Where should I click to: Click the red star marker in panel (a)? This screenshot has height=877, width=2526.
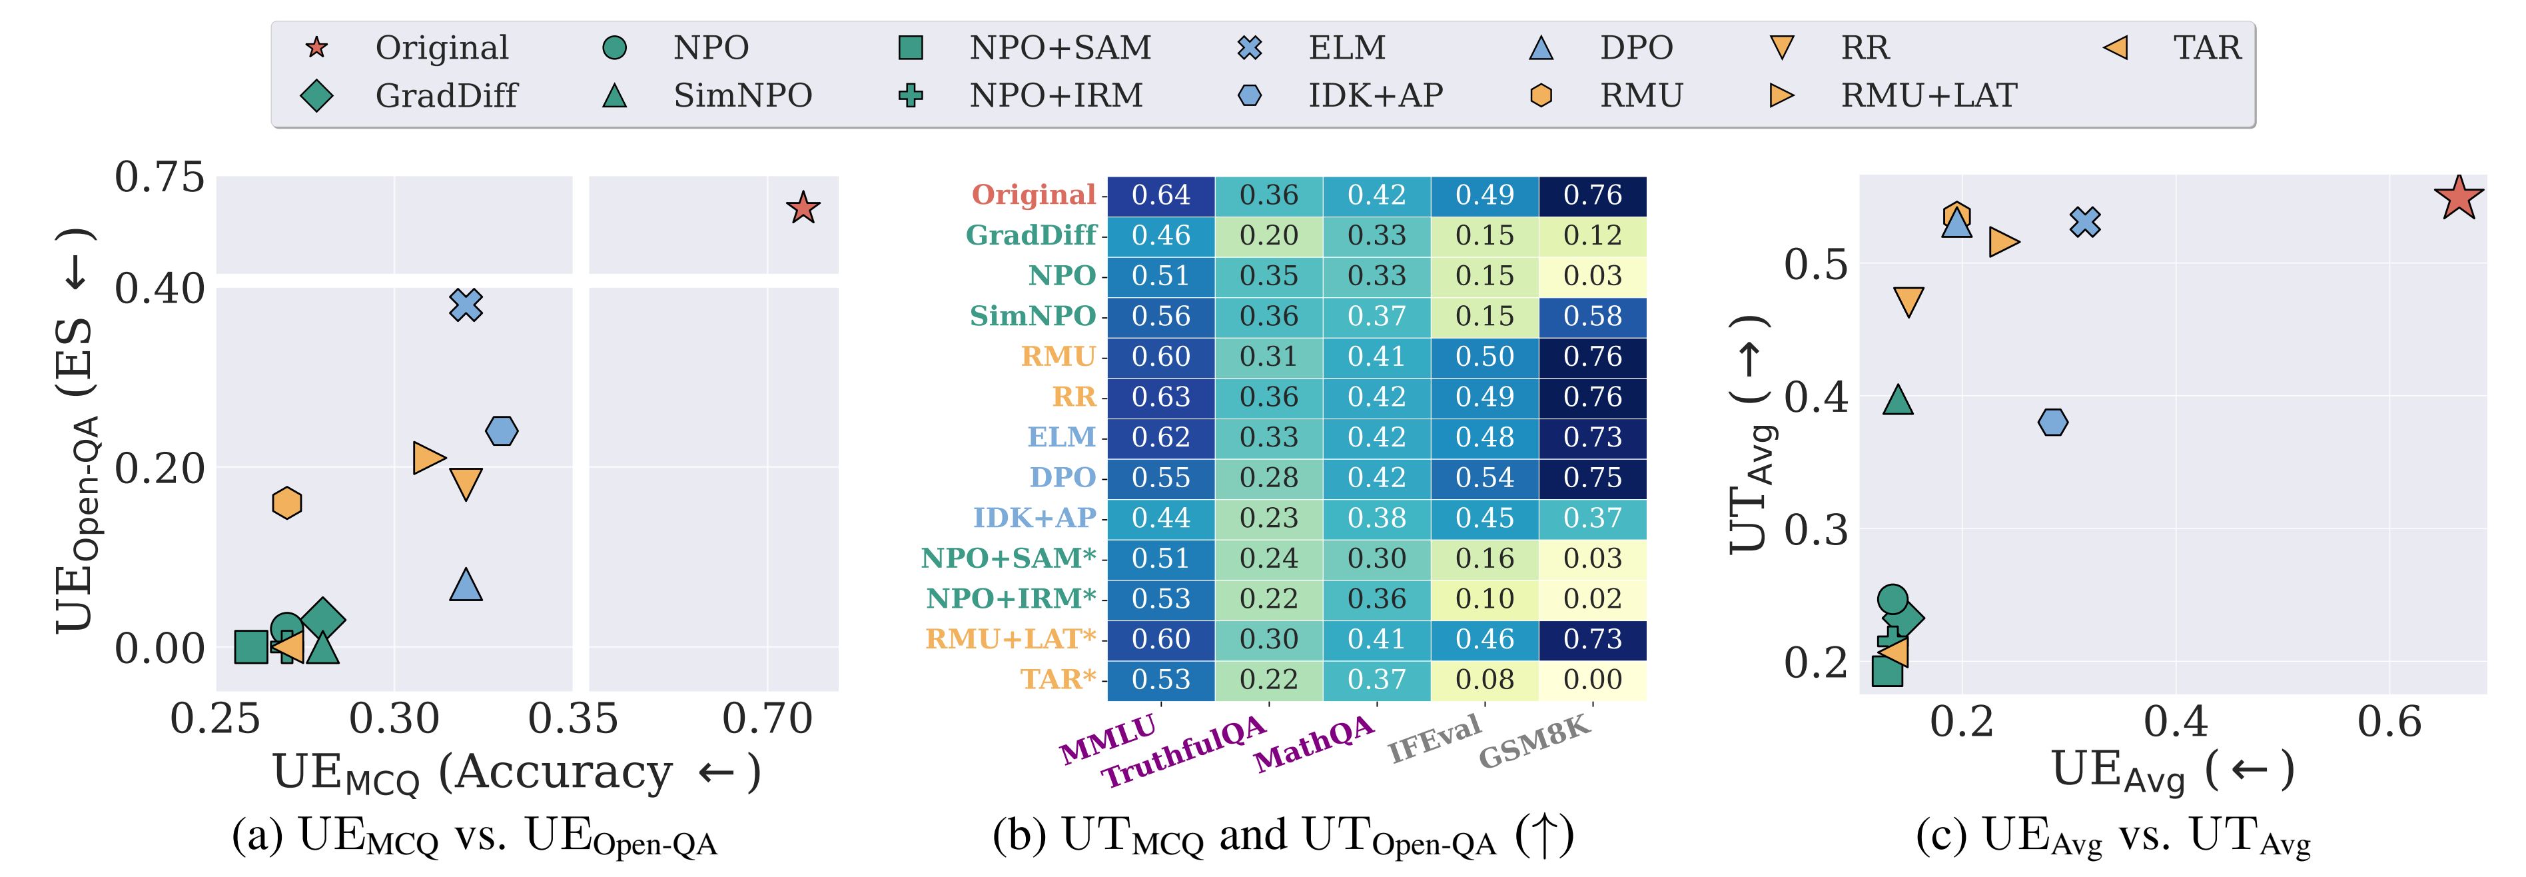[803, 208]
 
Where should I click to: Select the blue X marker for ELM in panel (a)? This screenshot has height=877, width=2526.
[466, 305]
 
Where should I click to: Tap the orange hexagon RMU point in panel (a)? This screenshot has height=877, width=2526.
[286, 503]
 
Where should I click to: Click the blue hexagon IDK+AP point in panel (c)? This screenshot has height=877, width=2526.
[2052, 423]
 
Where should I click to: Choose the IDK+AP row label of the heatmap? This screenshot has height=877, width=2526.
[1034, 518]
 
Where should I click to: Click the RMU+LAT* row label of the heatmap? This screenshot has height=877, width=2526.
[1010, 638]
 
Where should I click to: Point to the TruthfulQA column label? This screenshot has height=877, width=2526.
[1184, 754]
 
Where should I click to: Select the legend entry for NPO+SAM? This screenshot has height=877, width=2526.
[1059, 47]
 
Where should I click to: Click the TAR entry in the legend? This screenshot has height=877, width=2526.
[2206, 47]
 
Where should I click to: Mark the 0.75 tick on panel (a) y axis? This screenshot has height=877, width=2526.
[160, 177]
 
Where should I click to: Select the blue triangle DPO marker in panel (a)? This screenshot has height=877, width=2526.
[466, 584]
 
